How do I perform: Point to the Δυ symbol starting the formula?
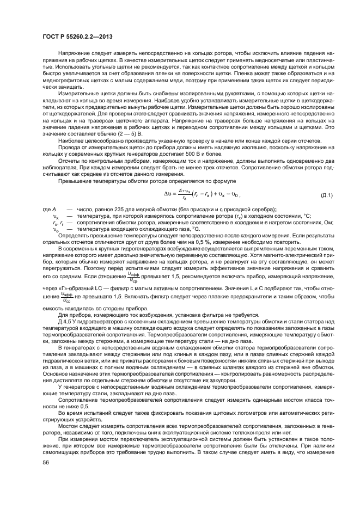coord(168,193)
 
